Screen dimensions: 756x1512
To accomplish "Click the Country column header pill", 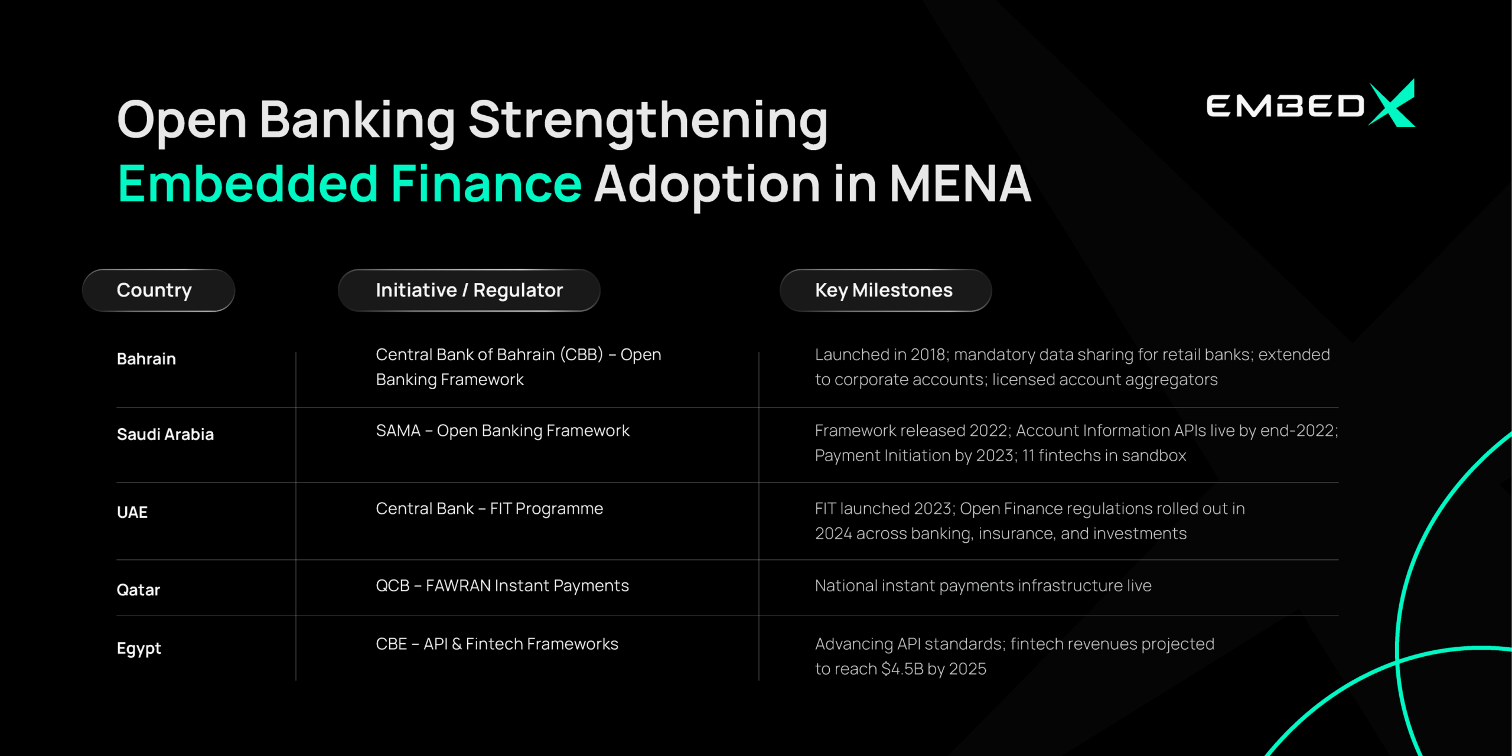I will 158,290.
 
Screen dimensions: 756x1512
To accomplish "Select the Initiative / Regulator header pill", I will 469,290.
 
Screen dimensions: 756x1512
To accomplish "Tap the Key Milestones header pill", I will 885,290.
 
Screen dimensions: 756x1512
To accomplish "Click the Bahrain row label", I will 146,359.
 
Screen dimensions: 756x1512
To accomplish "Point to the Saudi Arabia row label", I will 165,435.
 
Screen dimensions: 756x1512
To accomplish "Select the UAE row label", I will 132,512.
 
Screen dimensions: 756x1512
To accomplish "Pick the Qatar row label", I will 138,590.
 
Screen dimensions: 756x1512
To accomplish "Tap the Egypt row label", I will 139,649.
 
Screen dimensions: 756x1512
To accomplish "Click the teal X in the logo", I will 1392,104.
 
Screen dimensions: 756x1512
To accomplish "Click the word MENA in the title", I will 960,184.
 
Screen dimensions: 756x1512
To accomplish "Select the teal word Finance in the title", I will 486,184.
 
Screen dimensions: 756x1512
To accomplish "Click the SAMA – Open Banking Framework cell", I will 503,431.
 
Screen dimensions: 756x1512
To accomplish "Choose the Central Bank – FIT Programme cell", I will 489,509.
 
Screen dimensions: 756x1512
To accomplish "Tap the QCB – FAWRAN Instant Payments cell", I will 502,586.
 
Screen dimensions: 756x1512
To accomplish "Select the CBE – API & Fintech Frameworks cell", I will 497,644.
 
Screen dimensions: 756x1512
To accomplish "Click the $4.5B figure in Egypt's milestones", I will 902,669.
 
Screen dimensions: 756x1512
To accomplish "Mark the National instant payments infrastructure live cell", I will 983,586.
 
